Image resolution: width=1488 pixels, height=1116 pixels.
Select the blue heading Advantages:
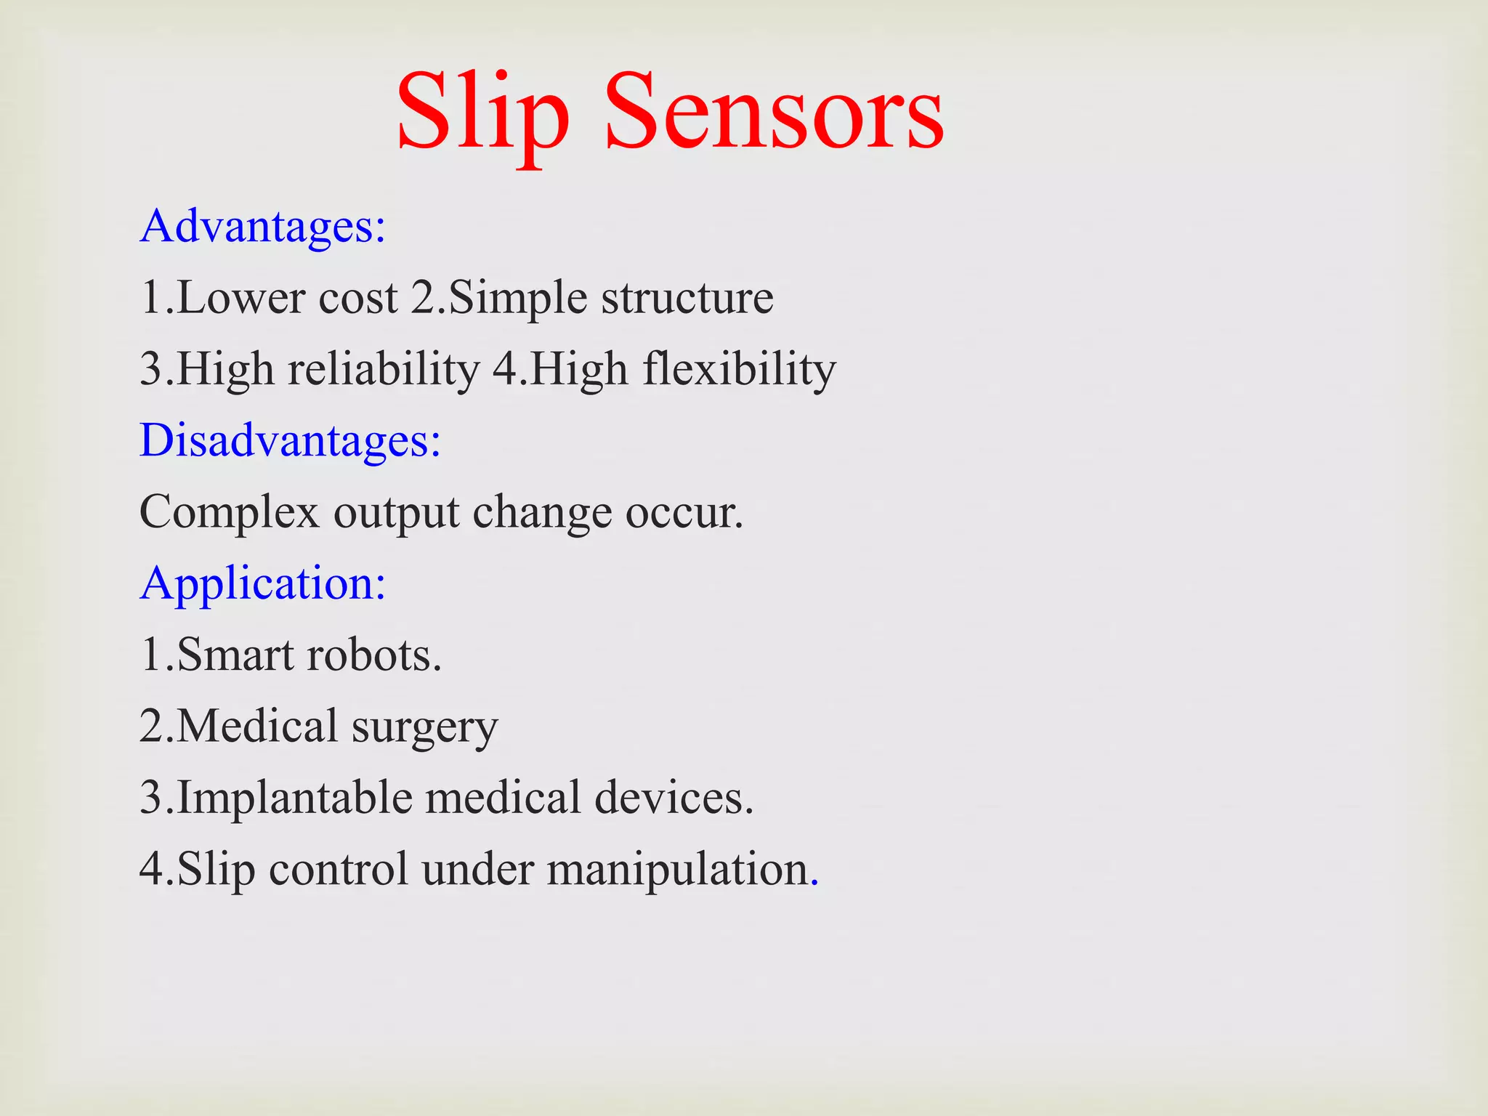pos(262,227)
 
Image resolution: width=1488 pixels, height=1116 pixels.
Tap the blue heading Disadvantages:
pos(290,440)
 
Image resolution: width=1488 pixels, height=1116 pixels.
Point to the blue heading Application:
pos(262,583)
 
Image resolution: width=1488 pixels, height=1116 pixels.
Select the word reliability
pos(384,369)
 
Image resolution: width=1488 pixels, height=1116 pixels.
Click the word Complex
pos(229,512)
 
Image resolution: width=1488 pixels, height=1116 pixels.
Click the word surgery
pos(425,727)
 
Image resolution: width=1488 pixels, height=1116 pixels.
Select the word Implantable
pos(295,797)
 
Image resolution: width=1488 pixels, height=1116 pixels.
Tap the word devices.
pos(674,797)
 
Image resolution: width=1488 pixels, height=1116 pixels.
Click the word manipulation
pos(678,869)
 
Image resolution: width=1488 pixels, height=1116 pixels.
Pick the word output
pos(397,512)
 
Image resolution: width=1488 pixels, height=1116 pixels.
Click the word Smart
pos(235,655)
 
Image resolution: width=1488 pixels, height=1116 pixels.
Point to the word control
pos(338,869)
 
